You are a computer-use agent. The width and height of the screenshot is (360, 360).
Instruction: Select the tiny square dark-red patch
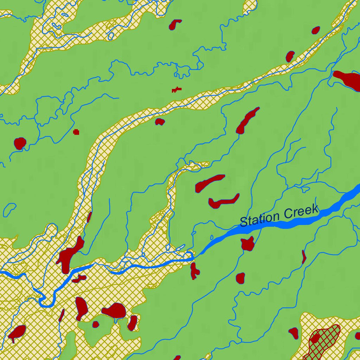point(76,132)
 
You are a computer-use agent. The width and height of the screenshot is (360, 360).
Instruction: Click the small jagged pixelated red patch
point(176,90)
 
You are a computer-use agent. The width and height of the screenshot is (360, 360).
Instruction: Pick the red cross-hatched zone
point(325,343)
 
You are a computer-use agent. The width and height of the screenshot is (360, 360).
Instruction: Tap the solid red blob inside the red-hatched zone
point(315,339)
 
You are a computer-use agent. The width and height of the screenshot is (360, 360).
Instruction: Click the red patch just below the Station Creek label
point(247,243)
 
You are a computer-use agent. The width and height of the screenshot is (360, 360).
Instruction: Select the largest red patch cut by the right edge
point(348,79)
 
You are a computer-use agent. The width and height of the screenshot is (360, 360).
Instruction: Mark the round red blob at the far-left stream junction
point(20,143)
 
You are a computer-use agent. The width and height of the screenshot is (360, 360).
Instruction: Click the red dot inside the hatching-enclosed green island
point(96,324)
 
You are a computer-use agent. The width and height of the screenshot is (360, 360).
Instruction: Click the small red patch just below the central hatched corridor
point(160,122)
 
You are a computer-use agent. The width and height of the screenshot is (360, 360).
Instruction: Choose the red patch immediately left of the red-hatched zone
point(294,332)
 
